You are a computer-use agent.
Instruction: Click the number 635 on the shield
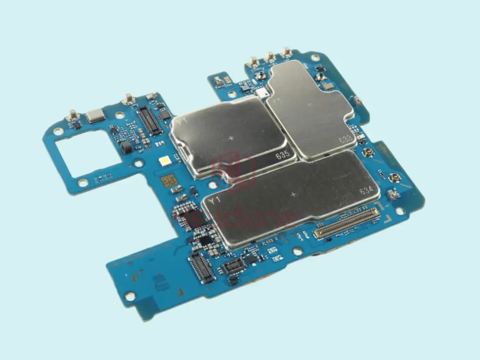click(x=282, y=155)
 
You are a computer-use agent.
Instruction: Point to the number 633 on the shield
click(x=345, y=139)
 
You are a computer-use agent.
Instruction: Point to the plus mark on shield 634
click(x=293, y=194)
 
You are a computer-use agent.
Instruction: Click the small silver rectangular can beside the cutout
click(x=95, y=115)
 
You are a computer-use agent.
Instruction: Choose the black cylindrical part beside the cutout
click(x=126, y=147)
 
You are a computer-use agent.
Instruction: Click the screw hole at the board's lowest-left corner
click(x=130, y=295)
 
